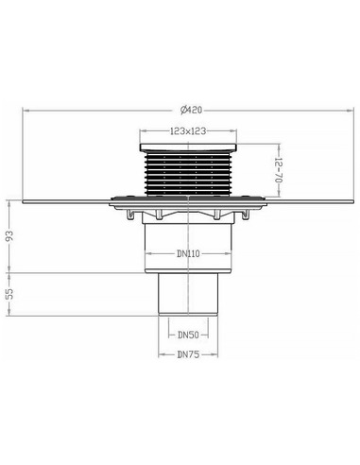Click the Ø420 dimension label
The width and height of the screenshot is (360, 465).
pyautogui.click(x=191, y=111)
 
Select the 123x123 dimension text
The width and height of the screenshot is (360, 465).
pyautogui.click(x=188, y=130)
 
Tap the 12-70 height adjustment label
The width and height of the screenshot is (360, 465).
pyautogui.click(x=278, y=170)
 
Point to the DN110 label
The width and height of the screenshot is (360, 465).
pyautogui.click(x=187, y=253)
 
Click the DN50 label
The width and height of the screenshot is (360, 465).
pyautogui.click(x=188, y=335)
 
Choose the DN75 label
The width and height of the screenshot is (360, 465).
pyautogui.click(x=188, y=354)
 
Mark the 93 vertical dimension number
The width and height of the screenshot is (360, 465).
pyautogui.click(x=10, y=236)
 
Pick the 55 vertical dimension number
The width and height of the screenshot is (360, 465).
pyautogui.click(x=10, y=294)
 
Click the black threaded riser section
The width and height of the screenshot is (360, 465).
pyautogui.click(x=188, y=174)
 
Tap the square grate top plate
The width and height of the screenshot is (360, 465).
pyautogui.click(x=188, y=147)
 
